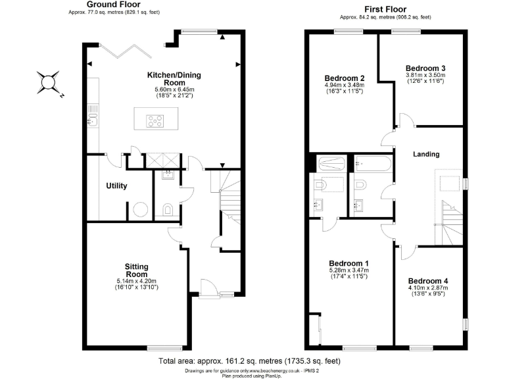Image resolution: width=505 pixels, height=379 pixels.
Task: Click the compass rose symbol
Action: [49, 83]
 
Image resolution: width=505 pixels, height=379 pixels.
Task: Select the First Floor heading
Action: [385, 9]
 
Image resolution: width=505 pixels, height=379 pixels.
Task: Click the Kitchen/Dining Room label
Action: [175, 79]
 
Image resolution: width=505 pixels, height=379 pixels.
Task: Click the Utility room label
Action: [116, 186]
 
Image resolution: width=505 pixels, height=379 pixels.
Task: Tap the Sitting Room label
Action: [137, 270]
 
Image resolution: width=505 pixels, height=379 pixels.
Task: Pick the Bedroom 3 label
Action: [425, 68]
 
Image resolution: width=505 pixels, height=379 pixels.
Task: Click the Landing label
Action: [425, 154]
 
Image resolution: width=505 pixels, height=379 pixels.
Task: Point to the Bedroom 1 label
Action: [349, 263]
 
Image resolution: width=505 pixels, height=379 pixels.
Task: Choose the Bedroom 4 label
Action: [427, 280]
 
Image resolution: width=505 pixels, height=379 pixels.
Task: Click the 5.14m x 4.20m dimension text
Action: [137, 281]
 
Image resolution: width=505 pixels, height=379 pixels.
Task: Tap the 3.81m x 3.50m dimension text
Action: [425, 75]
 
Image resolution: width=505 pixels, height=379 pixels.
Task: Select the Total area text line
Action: [249, 361]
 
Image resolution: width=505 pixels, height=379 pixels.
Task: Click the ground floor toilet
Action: [168, 210]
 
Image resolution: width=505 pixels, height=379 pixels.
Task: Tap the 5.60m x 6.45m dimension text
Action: [175, 89]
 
